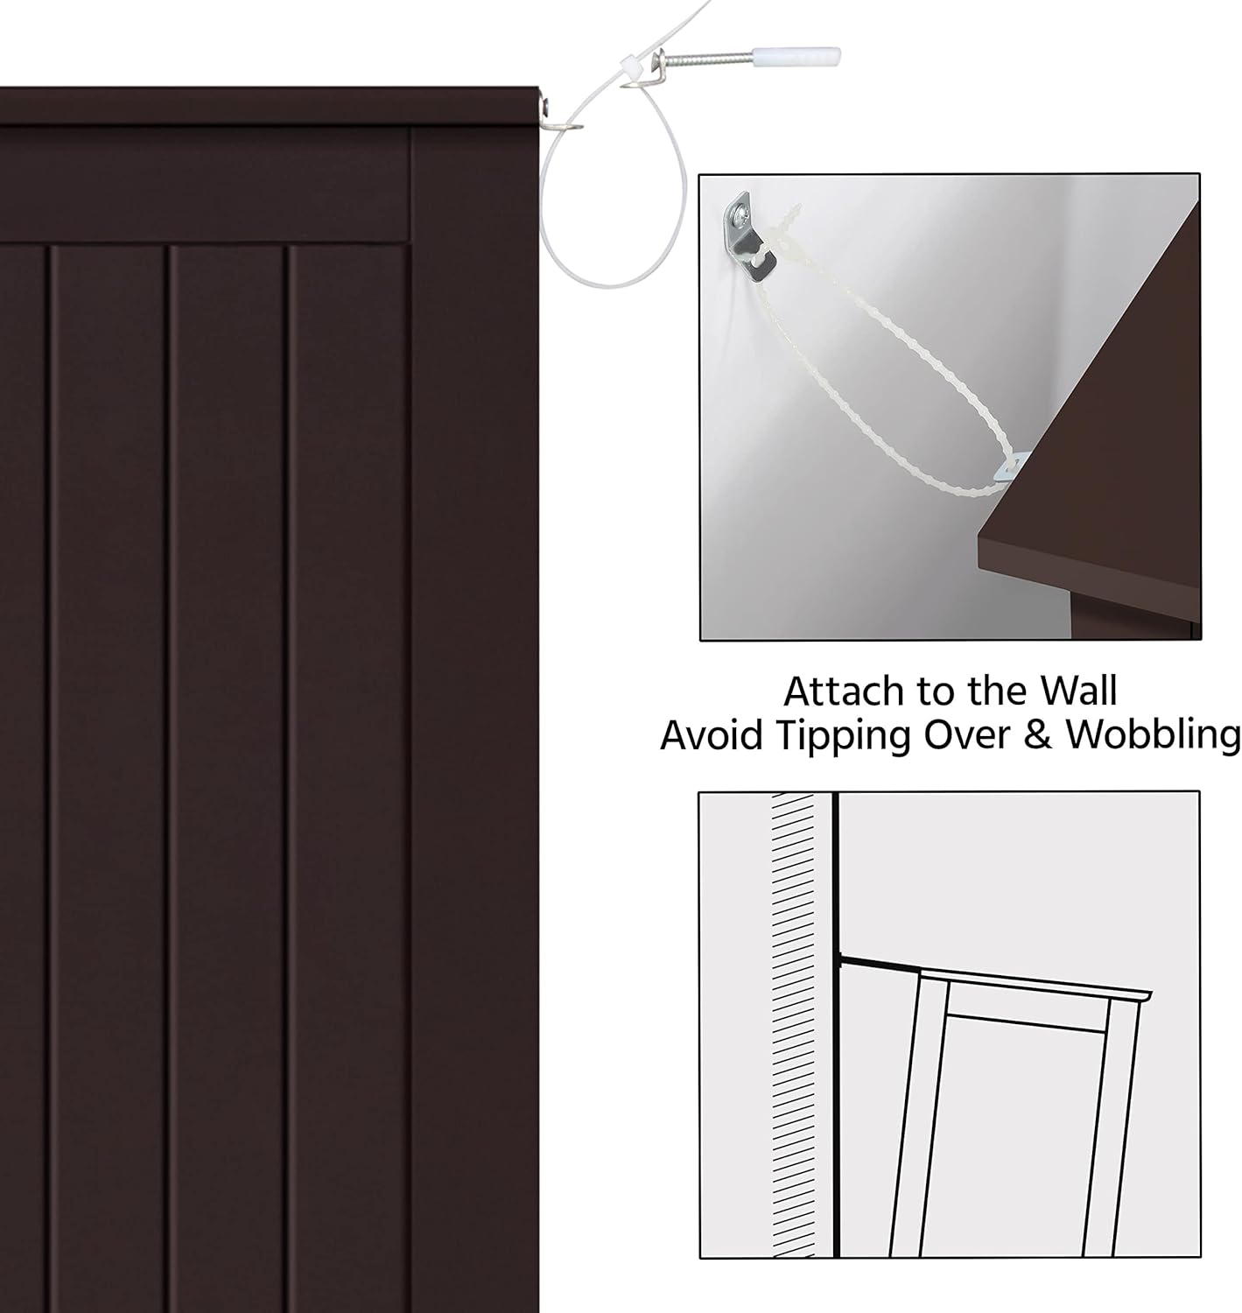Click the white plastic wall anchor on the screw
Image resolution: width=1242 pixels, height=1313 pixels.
(796, 57)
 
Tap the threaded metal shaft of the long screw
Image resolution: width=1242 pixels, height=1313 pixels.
(707, 60)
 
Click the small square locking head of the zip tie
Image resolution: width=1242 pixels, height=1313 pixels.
(629, 66)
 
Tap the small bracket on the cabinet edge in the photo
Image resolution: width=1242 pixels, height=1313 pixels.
(1010, 466)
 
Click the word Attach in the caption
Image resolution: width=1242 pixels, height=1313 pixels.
(844, 692)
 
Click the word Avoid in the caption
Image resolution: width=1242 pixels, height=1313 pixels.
(711, 735)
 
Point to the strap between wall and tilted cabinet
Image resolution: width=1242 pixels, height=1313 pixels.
(881, 965)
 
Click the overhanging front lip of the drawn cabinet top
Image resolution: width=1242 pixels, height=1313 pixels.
(1135, 997)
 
